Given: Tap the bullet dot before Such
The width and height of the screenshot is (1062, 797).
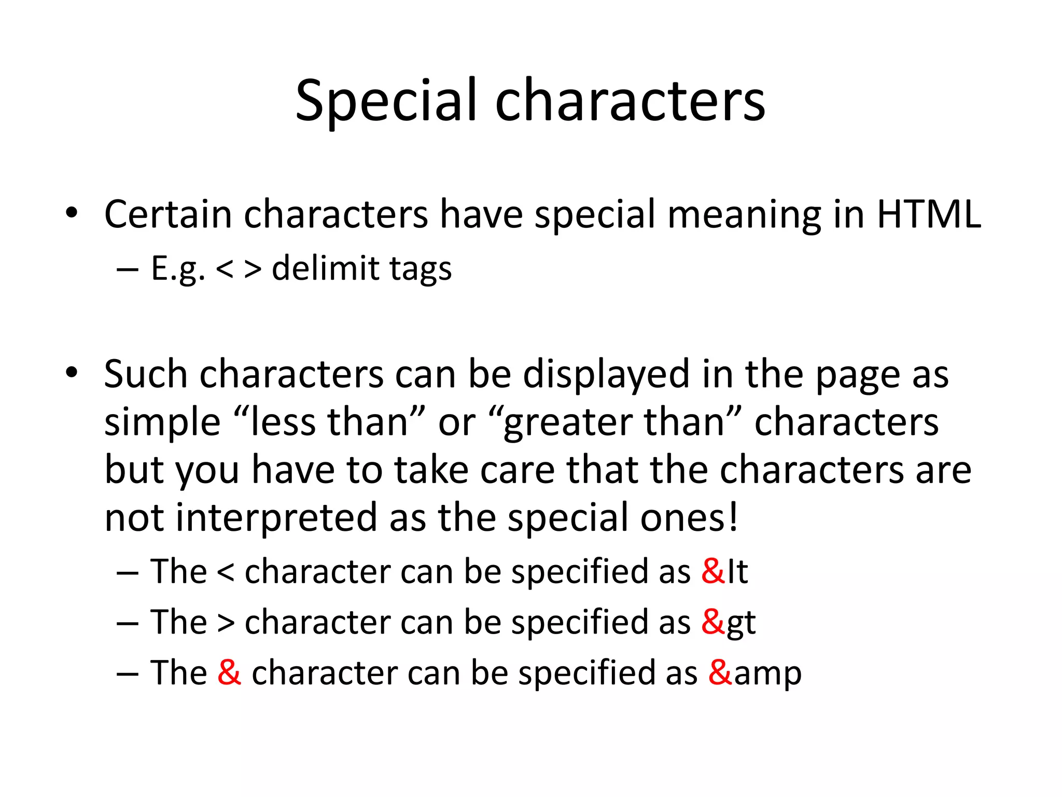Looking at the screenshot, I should point(72,372).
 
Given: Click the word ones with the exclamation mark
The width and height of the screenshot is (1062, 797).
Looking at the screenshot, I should point(689,518).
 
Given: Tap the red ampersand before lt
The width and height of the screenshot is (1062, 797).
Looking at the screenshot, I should point(712,571).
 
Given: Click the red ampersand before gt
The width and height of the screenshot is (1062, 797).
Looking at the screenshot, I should point(712,622).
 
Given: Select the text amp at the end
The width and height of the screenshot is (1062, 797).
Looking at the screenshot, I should point(767,674).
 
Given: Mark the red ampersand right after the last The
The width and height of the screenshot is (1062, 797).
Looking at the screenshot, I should point(229,672).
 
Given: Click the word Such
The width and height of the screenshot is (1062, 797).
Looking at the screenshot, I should point(146,374).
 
